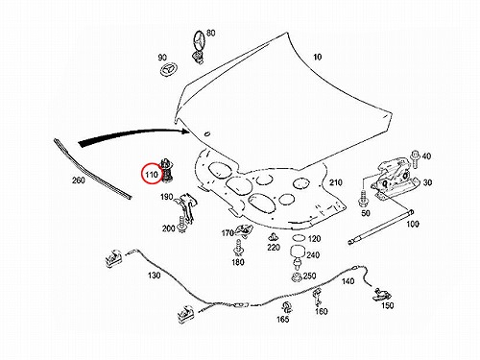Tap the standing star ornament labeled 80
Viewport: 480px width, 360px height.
pyautogui.click(x=199, y=46)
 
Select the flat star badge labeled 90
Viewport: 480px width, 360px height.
pyautogui.click(x=168, y=69)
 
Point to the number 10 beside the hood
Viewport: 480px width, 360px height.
pyautogui.click(x=317, y=57)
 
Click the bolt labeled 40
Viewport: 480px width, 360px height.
pyautogui.click(x=415, y=159)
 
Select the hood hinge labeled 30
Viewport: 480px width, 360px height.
pyautogui.click(x=396, y=180)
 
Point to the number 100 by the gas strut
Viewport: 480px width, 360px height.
pyautogui.click(x=413, y=224)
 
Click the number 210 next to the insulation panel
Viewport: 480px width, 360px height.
pyautogui.click(x=336, y=182)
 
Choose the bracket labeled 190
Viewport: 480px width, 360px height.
pyautogui.click(x=186, y=207)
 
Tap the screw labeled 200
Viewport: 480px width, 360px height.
pyautogui.click(x=182, y=225)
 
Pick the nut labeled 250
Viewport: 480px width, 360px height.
pyautogui.click(x=297, y=276)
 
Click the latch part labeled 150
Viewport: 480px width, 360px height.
pyautogui.click(x=382, y=295)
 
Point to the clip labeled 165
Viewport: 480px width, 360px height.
pyautogui.click(x=287, y=307)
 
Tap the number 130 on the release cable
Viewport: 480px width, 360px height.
pyautogui.click(x=154, y=275)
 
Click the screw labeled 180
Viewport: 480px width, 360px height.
pyautogui.click(x=238, y=248)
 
